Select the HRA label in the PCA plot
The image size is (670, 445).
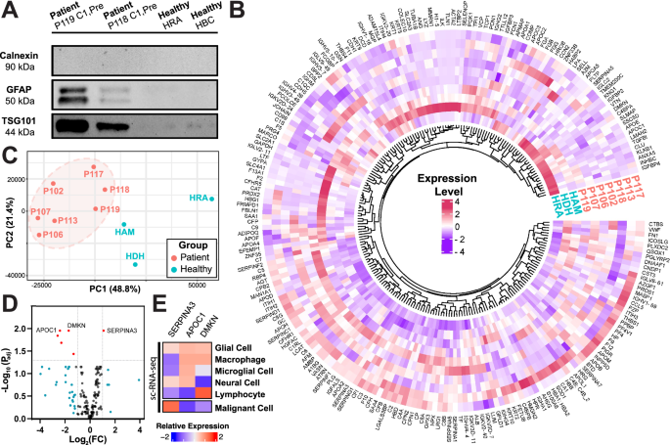click(201, 199)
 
